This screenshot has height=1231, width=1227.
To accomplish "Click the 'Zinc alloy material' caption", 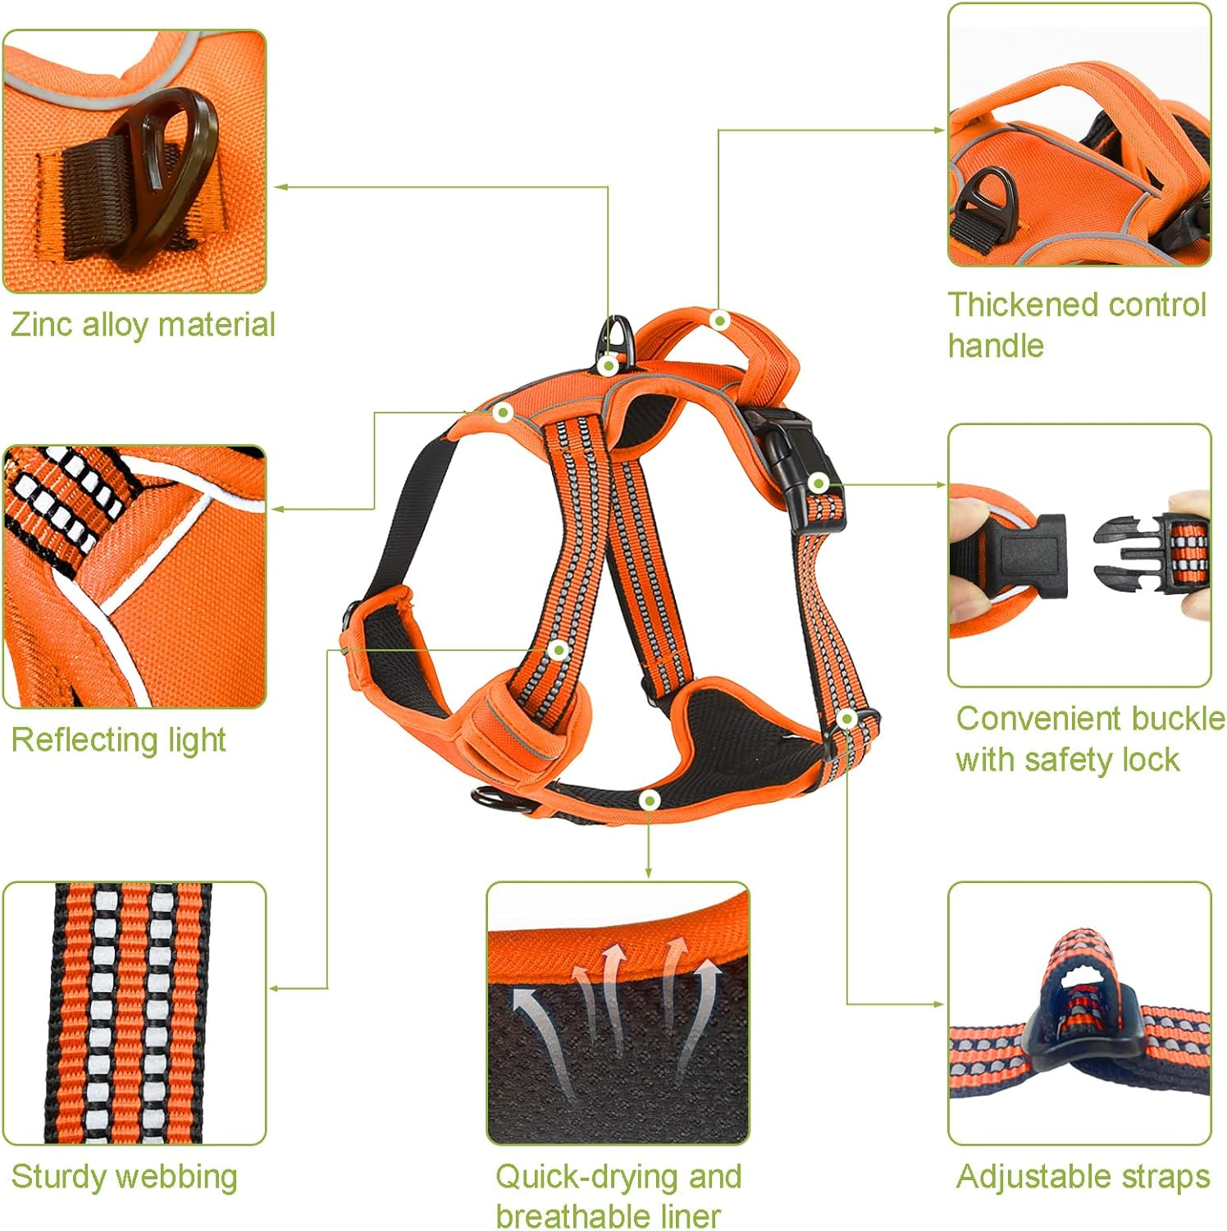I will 143,325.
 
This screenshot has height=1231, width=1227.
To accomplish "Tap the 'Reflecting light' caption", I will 118,740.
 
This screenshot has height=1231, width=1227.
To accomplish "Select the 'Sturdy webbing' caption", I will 124,1177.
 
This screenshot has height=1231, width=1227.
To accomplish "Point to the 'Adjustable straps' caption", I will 1083,1177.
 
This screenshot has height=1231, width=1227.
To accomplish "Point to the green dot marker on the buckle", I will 818,483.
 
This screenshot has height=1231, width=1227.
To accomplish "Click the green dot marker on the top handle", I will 719,320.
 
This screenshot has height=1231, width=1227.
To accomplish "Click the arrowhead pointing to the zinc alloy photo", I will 279,187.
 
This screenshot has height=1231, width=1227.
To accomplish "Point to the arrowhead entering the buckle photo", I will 941,485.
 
